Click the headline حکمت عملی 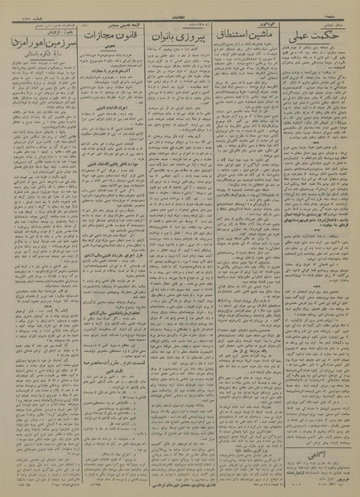(x=318, y=34)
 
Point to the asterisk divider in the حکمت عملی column (x=319, y=195)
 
